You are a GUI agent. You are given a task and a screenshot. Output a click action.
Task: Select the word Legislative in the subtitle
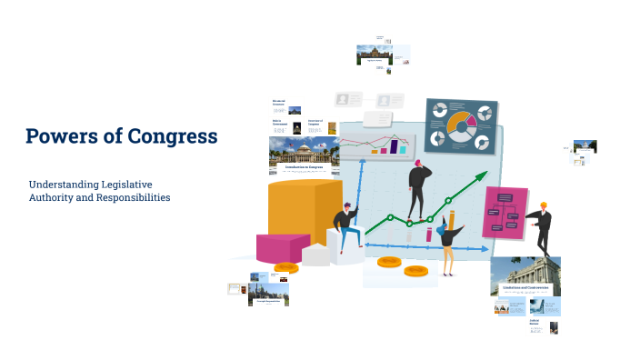coord(126,184)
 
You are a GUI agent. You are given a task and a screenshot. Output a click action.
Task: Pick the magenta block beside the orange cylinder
coord(283,247)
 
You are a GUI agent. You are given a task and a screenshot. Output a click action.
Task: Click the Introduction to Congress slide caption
coord(304,167)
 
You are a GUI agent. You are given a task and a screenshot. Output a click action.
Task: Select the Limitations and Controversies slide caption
coord(525,287)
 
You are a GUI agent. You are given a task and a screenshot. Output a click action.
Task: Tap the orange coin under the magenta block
coord(286,267)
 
